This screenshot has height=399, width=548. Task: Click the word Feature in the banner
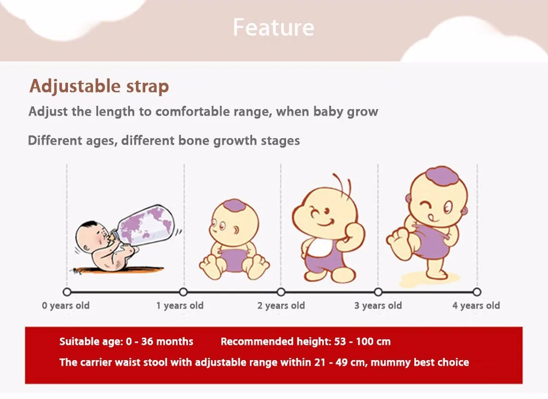point(273,27)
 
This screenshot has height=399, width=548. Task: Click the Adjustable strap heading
point(99,86)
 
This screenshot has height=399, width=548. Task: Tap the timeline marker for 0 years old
point(67,292)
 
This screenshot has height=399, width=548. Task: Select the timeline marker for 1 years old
point(184,292)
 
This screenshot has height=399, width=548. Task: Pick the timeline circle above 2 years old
point(281,292)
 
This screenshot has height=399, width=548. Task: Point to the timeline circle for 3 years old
point(378,292)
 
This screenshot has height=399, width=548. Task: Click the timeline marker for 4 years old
point(477,292)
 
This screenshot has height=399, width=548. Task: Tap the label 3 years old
point(378,306)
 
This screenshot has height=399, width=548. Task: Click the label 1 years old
point(180,306)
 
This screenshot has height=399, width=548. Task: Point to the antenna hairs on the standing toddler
point(342,184)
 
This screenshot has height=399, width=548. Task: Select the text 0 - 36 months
point(159,341)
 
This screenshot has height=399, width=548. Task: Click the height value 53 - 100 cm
point(362,341)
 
